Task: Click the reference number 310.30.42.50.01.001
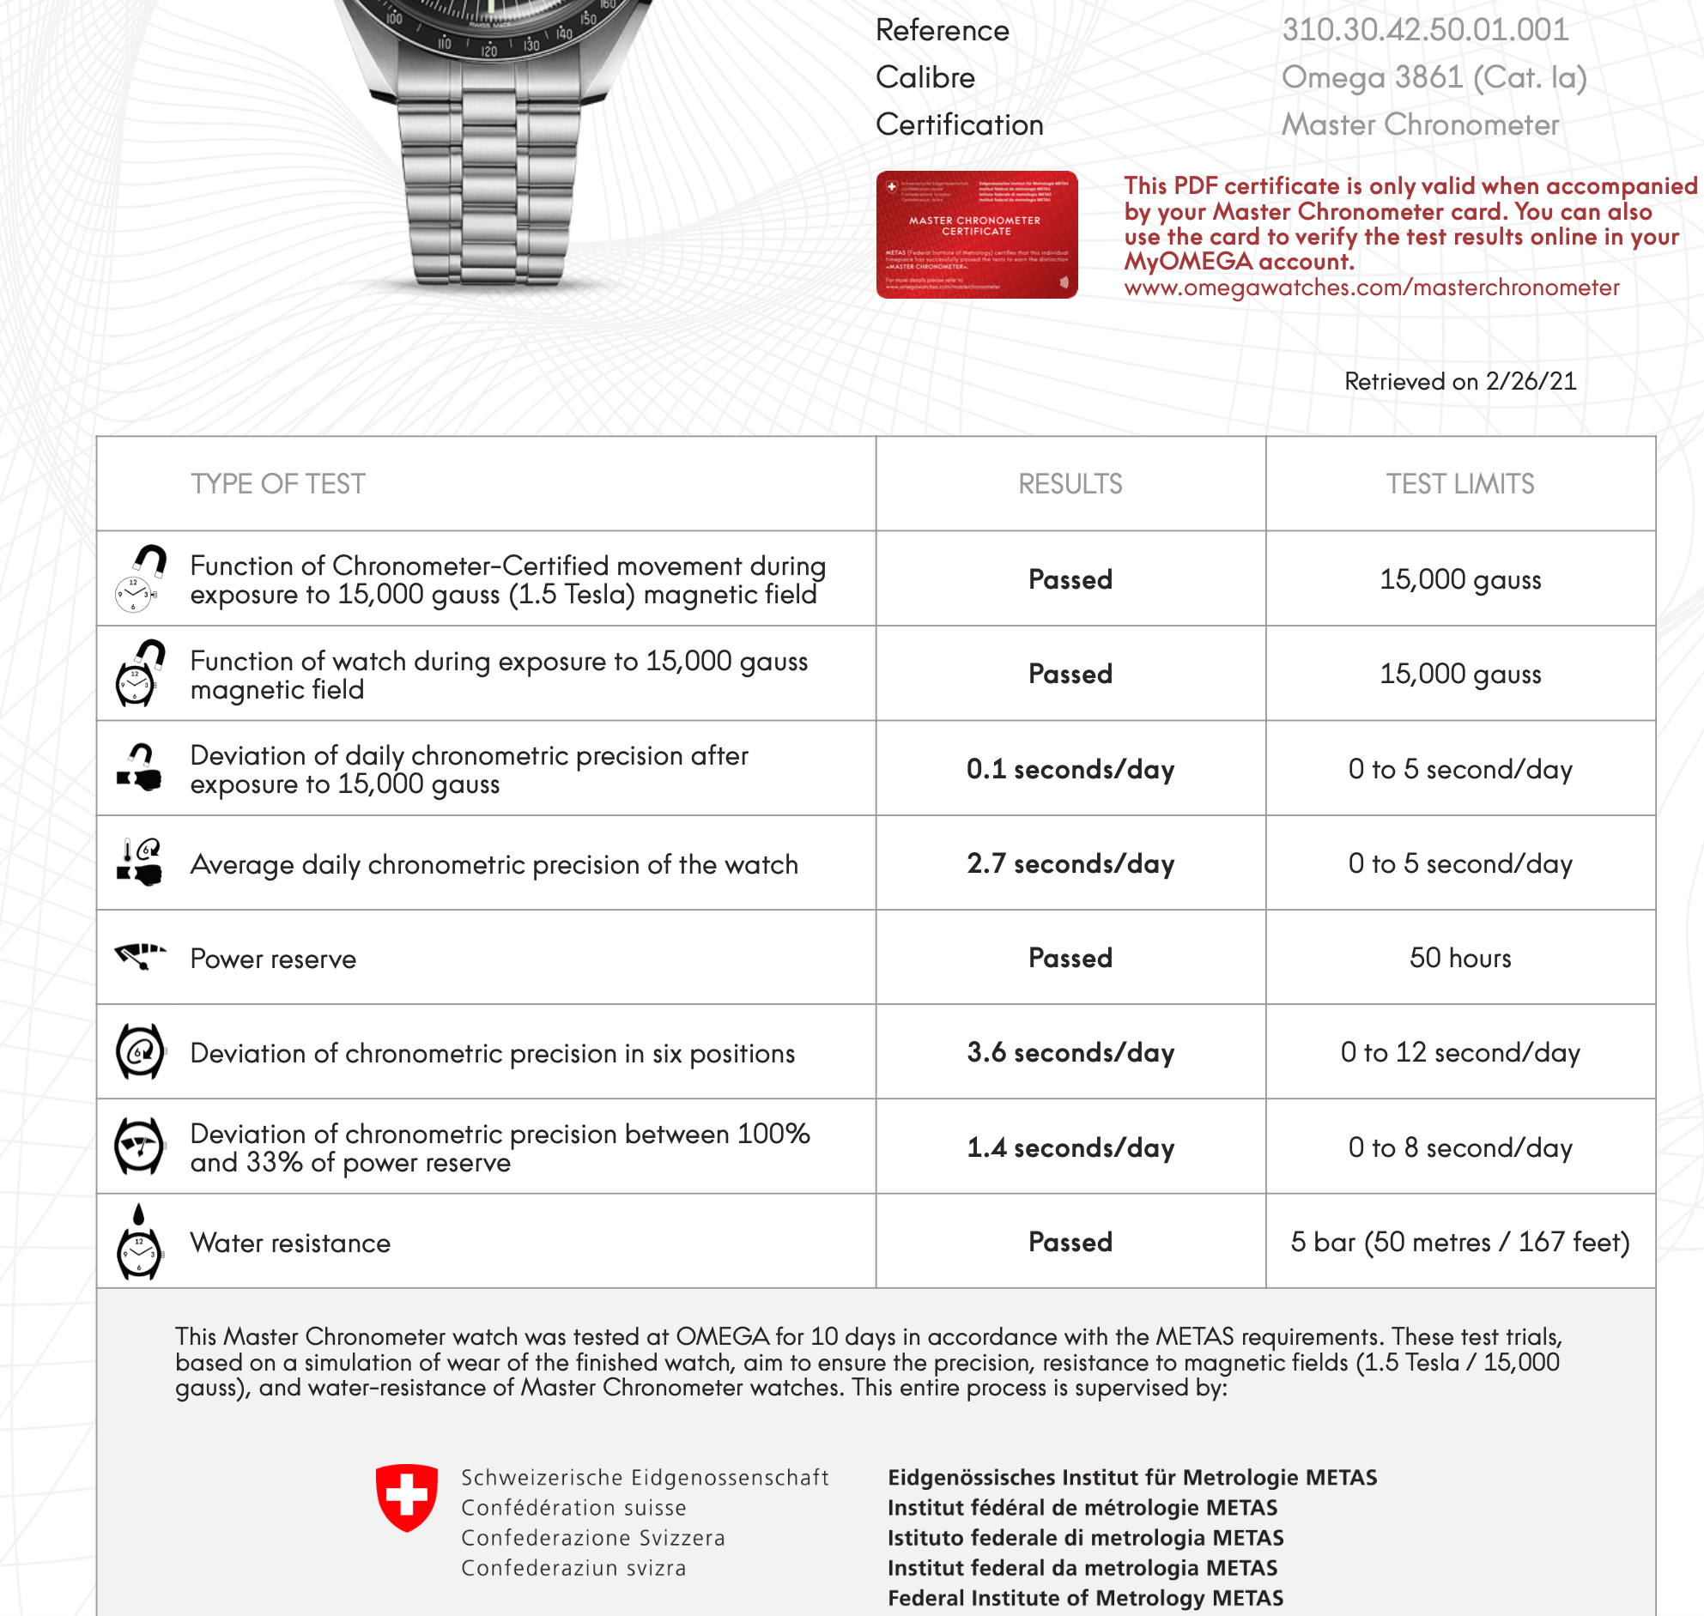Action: point(1425,30)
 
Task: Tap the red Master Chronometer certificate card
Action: point(976,234)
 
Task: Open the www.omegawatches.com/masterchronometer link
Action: point(1371,287)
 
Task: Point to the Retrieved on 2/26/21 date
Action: point(1459,382)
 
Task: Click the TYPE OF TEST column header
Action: point(277,484)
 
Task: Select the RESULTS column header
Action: point(1070,484)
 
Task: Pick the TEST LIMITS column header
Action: point(1459,484)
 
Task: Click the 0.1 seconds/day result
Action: point(1070,769)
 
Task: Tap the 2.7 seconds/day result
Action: point(1070,864)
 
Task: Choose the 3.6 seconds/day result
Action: point(1070,1053)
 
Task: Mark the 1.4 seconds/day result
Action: point(1070,1148)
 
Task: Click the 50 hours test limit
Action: point(1459,958)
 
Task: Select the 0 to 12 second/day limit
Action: point(1459,1053)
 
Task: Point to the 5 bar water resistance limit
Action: point(1459,1242)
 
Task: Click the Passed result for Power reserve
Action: point(1070,958)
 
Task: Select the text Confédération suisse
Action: point(573,1508)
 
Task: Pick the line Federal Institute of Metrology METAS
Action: point(1084,1598)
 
